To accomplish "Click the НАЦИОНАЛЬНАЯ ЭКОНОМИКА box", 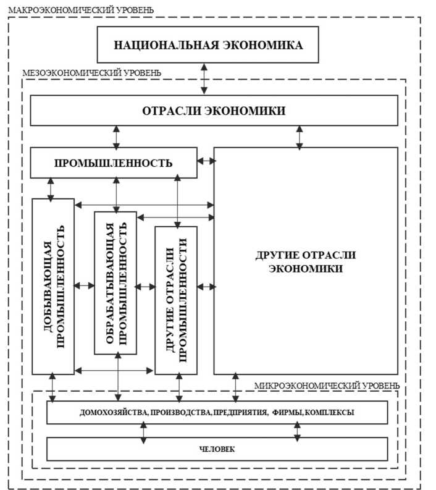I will coord(209,45).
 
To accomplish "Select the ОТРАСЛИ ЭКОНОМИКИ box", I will coord(214,111).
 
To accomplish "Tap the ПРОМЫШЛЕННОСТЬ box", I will coord(114,163).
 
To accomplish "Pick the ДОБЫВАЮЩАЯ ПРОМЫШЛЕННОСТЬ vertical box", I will coord(53,286).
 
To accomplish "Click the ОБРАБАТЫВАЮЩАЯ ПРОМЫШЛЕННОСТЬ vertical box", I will coord(115,282).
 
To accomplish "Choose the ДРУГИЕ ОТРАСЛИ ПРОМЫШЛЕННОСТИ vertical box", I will coord(176,300).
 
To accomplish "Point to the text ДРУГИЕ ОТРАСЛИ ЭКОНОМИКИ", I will coord(306,262).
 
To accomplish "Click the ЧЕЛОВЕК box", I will coord(217,449).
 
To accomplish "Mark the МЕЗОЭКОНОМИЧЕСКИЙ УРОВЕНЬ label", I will coord(92,72).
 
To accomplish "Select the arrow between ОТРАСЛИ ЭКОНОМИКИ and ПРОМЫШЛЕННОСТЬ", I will coord(115,137).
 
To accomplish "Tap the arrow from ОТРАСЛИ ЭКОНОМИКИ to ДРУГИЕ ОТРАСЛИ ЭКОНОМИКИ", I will coord(300,137).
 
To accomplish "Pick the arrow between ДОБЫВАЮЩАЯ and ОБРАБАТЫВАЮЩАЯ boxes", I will coord(85,286).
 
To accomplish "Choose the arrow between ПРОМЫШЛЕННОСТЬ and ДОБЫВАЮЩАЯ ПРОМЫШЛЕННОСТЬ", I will coord(51,188).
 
